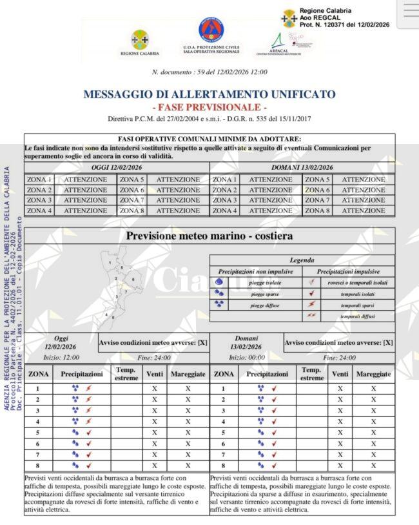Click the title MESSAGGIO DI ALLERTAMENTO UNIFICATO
click(x=209, y=94)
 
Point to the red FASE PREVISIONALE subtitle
click(x=209, y=107)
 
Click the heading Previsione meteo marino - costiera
click(x=209, y=236)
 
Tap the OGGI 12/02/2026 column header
click(x=117, y=167)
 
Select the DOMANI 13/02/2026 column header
click(x=302, y=167)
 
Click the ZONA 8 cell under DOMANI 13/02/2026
click(x=317, y=211)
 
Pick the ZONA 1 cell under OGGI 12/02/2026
click(x=39, y=180)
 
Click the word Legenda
click(x=302, y=260)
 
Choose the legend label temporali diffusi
click(x=359, y=316)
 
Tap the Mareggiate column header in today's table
click(x=188, y=374)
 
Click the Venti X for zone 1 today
click(x=154, y=389)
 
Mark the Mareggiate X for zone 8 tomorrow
click(x=373, y=465)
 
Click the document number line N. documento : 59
click(x=209, y=72)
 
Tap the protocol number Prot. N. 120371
click(x=344, y=25)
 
